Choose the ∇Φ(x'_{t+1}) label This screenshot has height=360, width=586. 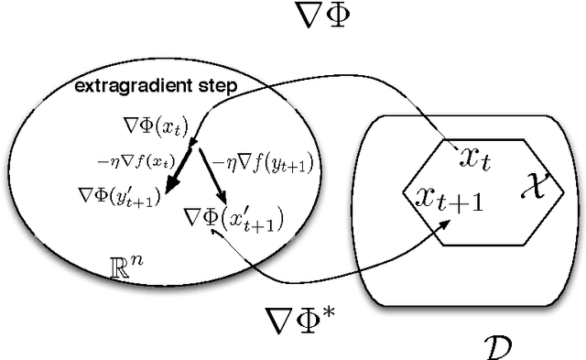[x=233, y=218]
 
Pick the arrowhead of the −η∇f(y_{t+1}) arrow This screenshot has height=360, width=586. [x=222, y=201]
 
